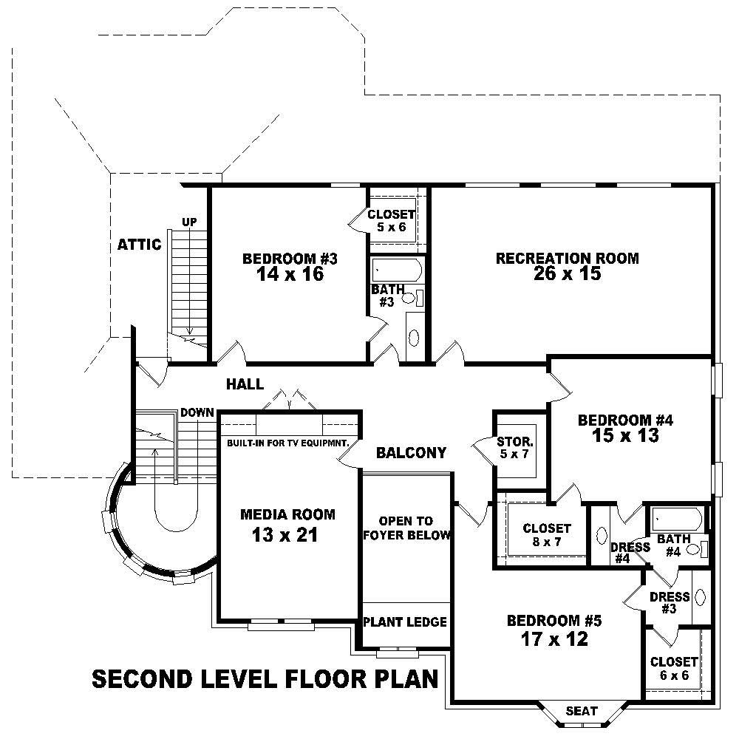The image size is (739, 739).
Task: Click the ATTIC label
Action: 139,245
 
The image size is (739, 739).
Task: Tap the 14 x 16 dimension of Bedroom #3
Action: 290,274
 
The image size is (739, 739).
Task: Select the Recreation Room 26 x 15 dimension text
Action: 567,274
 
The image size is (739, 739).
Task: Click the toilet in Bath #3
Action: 409,299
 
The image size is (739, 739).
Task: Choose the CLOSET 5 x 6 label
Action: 392,220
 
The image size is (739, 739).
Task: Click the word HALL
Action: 245,384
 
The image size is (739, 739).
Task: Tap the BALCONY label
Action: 411,453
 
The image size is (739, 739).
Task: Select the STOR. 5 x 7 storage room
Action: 514,448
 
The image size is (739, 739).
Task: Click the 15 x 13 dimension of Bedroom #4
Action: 624,436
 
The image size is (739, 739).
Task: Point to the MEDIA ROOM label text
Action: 287,514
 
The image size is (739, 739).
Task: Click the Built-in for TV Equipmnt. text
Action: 287,443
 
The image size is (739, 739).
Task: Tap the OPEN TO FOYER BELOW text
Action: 406,528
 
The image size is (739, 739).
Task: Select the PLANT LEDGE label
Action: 406,622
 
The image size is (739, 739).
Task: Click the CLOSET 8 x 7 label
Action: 546,535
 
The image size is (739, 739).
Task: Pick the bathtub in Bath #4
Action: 675,517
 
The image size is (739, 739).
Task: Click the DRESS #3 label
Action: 669,602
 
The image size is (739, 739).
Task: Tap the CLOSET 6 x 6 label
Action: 673,669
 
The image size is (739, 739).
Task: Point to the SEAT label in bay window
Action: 582,711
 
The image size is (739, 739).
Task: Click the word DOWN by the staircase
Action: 196,412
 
